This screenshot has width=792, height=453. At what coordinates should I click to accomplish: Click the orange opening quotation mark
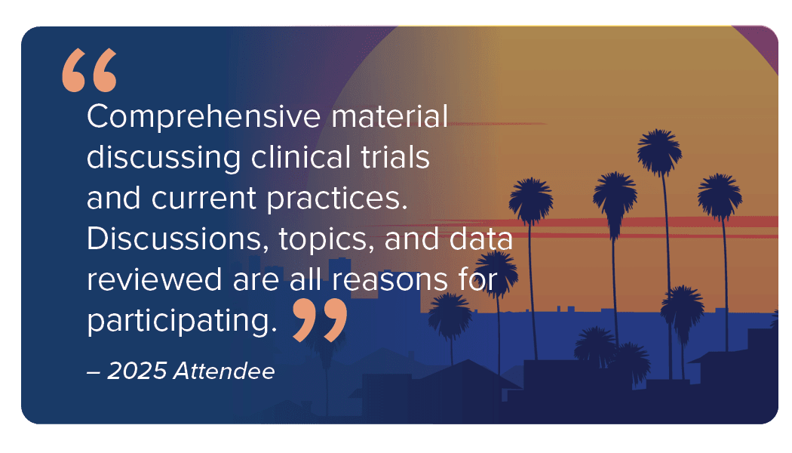[x=90, y=70]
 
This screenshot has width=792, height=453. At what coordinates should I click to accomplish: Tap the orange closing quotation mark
[x=320, y=320]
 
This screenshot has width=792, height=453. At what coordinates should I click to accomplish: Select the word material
[x=389, y=116]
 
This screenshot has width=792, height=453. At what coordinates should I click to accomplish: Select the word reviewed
[x=155, y=279]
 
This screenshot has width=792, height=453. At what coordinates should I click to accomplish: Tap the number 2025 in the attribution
[x=137, y=371]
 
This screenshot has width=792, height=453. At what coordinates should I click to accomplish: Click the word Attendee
[x=224, y=371]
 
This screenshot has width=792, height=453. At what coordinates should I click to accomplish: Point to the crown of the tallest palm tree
[x=659, y=151]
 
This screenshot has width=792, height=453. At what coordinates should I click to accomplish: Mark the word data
[x=481, y=239]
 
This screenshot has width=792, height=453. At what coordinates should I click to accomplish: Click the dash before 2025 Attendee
[x=94, y=373]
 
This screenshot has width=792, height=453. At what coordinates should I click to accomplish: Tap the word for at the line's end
[x=477, y=279]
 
